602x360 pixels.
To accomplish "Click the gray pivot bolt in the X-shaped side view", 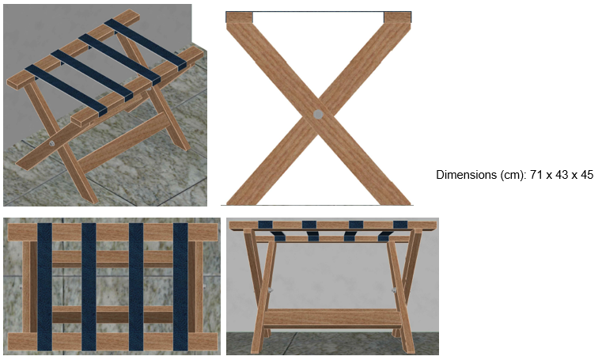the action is click(x=318, y=114).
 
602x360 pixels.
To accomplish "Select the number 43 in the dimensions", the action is click(x=562, y=175).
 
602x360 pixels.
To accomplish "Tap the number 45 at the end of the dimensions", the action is click(x=587, y=175).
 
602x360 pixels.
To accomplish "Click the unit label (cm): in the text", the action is click(x=513, y=176).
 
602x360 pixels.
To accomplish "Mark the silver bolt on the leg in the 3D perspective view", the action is click(x=51, y=143).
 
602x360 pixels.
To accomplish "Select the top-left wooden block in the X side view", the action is click(x=239, y=17).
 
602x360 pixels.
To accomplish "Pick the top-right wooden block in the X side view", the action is click(x=398, y=17).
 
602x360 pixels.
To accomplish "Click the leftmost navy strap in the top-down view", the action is click(x=44, y=286).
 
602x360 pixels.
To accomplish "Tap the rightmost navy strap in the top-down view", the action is click(x=180, y=286).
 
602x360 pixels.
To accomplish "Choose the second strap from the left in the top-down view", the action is click(x=89, y=286).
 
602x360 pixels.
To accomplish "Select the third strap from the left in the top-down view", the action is click(x=136, y=286).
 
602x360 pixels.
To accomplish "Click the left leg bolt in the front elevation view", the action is click(x=271, y=290).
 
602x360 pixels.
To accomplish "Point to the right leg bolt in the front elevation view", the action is click(x=394, y=290).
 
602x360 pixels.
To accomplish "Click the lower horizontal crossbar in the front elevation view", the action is click(x=332, y=318).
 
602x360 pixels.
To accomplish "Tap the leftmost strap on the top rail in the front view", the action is click(x=265, y=225).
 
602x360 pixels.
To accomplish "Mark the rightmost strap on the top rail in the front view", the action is click(x=400, y=225).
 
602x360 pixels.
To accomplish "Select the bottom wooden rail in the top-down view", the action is click(x=112, y=341).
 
